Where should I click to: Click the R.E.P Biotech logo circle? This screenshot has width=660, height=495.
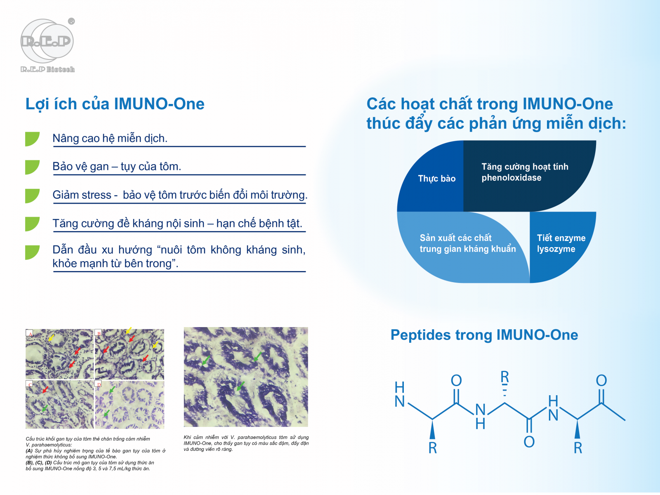[x=47, y=41]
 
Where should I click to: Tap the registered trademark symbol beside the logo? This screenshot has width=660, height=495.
[x=71, y=21]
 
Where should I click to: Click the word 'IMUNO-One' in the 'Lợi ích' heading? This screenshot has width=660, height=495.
[x=159, y=104]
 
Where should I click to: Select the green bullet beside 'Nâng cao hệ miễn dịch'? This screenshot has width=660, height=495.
[x=32, y=139]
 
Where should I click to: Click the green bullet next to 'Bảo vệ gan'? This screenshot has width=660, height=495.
[x=32, y=167]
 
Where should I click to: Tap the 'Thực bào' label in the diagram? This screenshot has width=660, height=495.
[x=436, y=179]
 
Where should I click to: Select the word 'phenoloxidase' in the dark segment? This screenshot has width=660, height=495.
[x=511, y=178]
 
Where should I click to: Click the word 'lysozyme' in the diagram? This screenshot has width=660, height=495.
[x=556, y=249]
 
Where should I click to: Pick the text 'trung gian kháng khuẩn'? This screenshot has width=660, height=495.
[x=467, y=249]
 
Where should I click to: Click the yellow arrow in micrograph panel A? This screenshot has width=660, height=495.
[x=52, y=337]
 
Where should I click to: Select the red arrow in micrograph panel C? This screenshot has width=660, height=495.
[x=45, y=390]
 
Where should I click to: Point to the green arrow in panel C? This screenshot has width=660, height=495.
[x=45, y=408]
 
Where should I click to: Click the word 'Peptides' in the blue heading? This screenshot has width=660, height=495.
[x=420, y=335]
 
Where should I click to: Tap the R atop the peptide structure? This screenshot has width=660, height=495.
[x=504, y=377]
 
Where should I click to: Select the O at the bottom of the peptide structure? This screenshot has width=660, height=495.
[x=529, y=442]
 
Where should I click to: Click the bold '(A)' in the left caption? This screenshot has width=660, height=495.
[x=29, y=451]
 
